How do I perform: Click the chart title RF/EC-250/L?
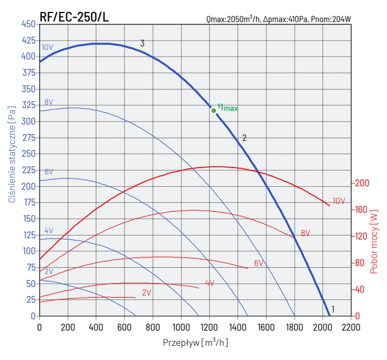point(74,17)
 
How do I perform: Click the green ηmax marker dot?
point(214,110)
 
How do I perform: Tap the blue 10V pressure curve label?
point(47,47)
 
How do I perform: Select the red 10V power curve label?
point(339,201)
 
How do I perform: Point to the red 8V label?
point(305,233)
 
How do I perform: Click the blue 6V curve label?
point(49,172)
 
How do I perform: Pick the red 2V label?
point(146,293)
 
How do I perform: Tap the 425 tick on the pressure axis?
point(28,40)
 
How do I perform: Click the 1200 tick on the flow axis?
point(209,327)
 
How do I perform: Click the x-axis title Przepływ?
point(195,342)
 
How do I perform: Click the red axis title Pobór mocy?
point(373,242)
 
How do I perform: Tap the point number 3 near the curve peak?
point(142,43)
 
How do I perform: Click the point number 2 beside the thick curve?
point(244,138)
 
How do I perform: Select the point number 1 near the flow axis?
point(333,309)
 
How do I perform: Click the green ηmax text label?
point(228,107)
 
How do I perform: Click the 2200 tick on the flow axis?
point(351,327)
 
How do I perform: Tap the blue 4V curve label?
point(49,231)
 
